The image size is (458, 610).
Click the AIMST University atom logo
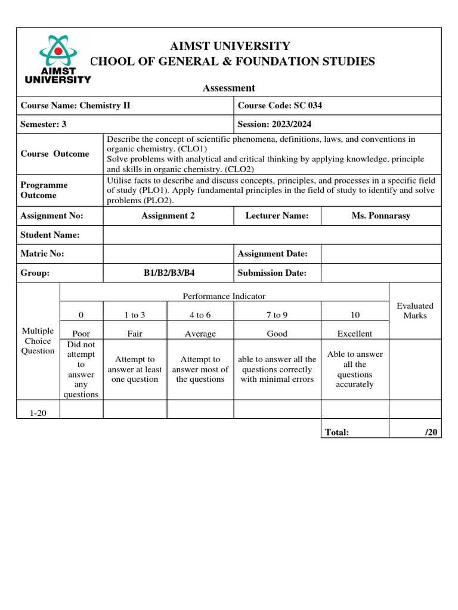click(x=57, y=58)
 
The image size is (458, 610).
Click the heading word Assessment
click(x=228, y=88)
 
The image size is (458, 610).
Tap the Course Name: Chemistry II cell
click(x=76, y=105)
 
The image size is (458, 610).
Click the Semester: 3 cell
click(x=44, y=124)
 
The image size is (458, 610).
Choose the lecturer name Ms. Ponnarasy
click(x=380, y=216)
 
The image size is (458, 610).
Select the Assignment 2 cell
click(x=168, y=216)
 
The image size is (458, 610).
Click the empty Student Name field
click(x=272, y=235)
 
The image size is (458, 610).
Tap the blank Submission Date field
click(x=380, y=273)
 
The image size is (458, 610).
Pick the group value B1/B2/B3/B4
click(x=168, y=273)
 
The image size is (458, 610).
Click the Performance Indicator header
click(x=224, y=295)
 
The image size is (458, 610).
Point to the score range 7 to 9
click(x=277, y=315)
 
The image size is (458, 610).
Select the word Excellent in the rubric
click(x=354, y=334)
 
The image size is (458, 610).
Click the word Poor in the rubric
click(x=81, y=334)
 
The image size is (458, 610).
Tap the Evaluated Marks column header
click(x=415, y=310)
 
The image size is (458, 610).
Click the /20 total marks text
click(x=431, y=432)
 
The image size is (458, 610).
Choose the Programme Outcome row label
click(x=44, y=190)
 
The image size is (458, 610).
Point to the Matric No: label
click(x=42, y=254)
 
